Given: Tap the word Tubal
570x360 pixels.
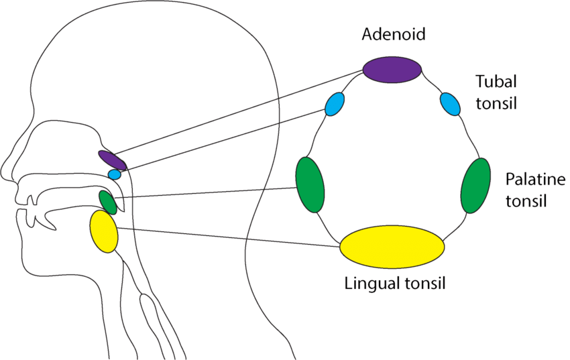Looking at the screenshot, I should click(x=496, y=82).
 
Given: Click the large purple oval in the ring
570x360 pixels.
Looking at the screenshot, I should click(x=392, y=68).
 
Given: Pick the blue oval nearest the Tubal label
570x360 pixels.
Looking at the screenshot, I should click(x=450, y=104).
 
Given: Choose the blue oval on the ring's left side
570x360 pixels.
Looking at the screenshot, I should click(x=335, y=104).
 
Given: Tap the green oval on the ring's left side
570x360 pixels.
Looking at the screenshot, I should click(x=310, y=184).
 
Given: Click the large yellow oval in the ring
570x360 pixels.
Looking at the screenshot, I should click(x=392, y=245).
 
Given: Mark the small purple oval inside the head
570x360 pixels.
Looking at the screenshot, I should click(x=112, y=160).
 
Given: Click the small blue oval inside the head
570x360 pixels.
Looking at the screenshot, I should click(x=115, y=174).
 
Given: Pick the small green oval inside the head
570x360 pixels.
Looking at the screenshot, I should click(x=108, y=202).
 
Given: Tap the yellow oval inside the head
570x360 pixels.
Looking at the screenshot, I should click(x=104, y=231).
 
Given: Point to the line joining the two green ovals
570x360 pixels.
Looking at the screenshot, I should click(x=208, y=192).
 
